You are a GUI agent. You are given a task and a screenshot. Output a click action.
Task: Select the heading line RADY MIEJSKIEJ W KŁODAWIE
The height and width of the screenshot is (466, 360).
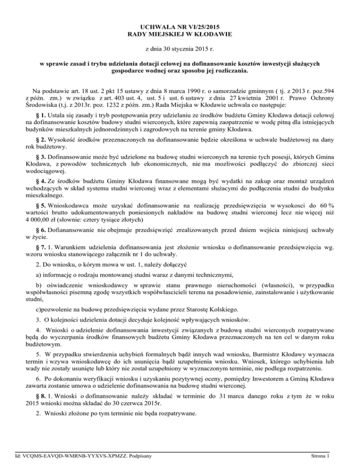tap(180, 34)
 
